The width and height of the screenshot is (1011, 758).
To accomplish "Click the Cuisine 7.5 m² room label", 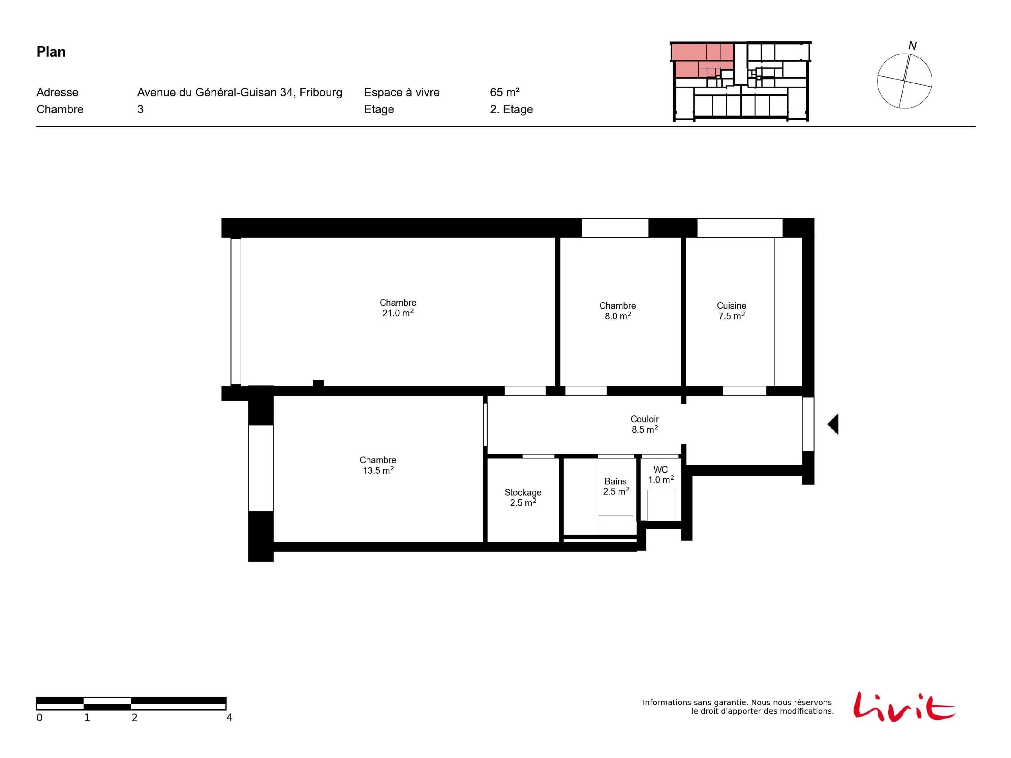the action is tap(731, 311).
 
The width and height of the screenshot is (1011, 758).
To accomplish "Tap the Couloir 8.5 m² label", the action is tap(644, 424).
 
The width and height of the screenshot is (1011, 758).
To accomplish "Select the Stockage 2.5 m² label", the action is tap(523, 498).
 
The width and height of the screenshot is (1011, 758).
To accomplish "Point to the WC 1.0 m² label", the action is tap(661, 475).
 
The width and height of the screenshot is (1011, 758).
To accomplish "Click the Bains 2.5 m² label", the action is tap(616, 486).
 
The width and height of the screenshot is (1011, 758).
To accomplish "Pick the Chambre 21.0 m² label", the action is tap(398, 308).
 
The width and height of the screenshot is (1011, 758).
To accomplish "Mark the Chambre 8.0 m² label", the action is tap(617, 311).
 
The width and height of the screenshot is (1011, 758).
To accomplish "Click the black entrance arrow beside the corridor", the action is tap(833, 424).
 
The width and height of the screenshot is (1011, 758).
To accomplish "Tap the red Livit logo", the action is tap(903, 707).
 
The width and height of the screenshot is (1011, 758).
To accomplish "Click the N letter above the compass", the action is tap(912, 46).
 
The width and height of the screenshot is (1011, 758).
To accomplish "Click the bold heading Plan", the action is tap(51, 52).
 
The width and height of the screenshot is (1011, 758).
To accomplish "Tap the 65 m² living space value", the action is tap(504, 92).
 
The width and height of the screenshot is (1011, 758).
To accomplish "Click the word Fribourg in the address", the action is tap(321, 92).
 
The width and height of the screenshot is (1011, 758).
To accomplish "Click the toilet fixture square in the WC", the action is tap(661, 505).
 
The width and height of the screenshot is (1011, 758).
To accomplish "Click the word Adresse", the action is tap(58, 92).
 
